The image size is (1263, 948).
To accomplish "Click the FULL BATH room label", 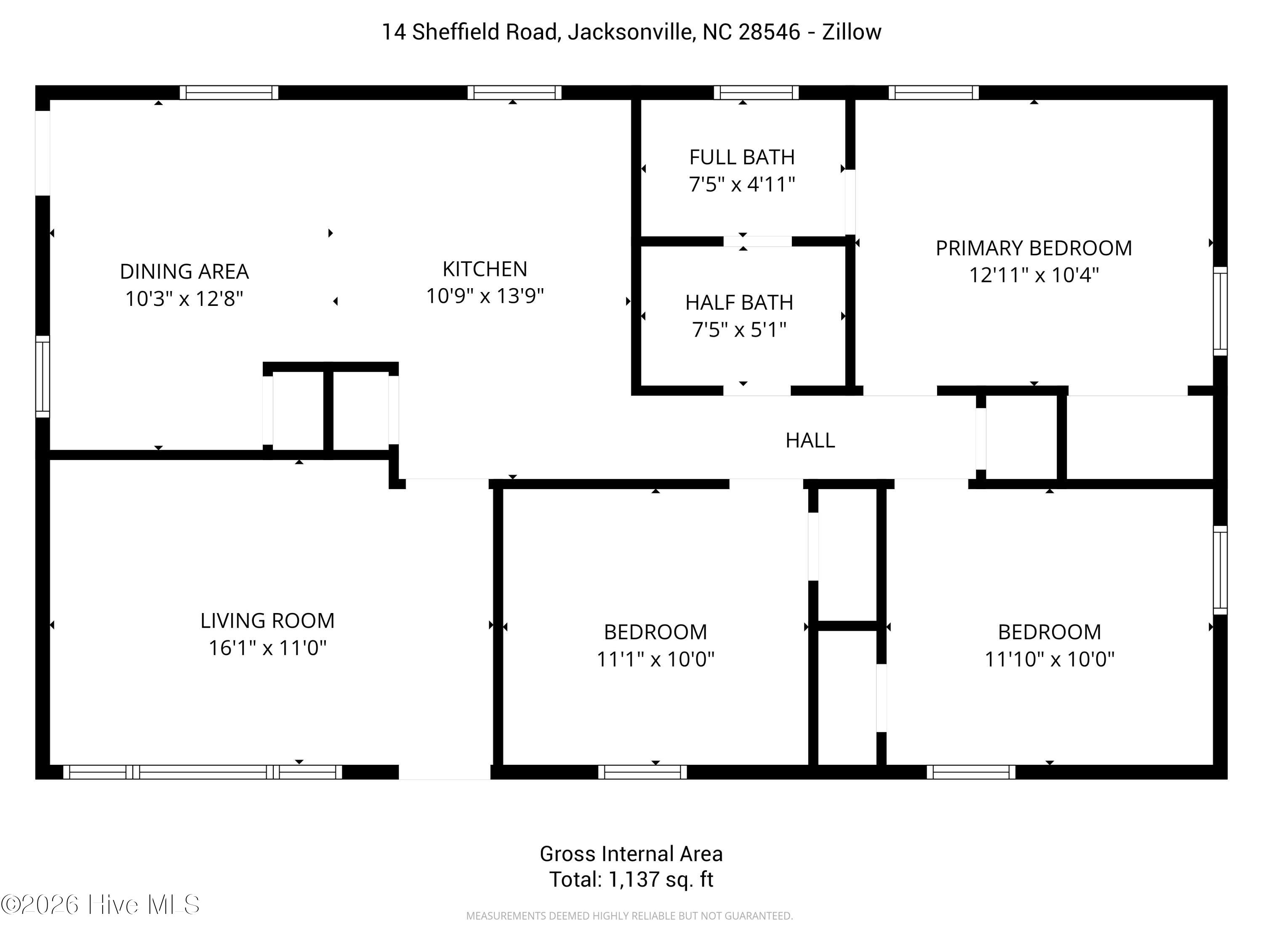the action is pyautogui.click(x=742, y=157).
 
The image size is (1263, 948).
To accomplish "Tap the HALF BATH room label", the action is pyautogui.click(x=739, y=302).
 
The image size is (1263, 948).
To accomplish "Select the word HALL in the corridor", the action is pyautogui.click(x=810, y=440).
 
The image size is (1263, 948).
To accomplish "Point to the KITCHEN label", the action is pyautogui.click(x=485, y=268).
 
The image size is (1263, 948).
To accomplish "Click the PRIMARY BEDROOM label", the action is pyautogui.click(x=1034, y=248).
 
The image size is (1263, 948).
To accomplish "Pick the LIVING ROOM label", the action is pyautogui.click(x=267, y=621).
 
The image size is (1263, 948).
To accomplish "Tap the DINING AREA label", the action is pyautogui.click(x=184, y=271).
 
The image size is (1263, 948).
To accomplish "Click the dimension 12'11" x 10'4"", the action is pyautogui.click(x=1034, y=276).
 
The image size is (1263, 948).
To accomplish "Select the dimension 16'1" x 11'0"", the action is pyautogui.click(x=267, y=648).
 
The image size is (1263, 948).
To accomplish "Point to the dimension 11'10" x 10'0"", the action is pyautogui.click(x=1050, y=659).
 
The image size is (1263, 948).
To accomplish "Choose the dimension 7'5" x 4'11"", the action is pyautogui.click(x=742, y=185).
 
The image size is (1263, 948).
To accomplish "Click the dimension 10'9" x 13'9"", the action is pyautogui.click(x=485, y=296).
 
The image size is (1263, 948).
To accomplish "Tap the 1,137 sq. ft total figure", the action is pyautogui.click(x=661, y=879).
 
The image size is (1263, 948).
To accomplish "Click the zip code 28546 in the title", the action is pyautogui.click(x=769, y=32).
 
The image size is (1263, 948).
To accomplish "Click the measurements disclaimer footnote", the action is pyautogui.click(x=629, y=916).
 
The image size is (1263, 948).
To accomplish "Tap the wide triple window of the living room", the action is pyautogui.click(x=203, y=772).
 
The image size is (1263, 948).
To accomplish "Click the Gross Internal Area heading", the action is pyautogui.click(x=631, y=854).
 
